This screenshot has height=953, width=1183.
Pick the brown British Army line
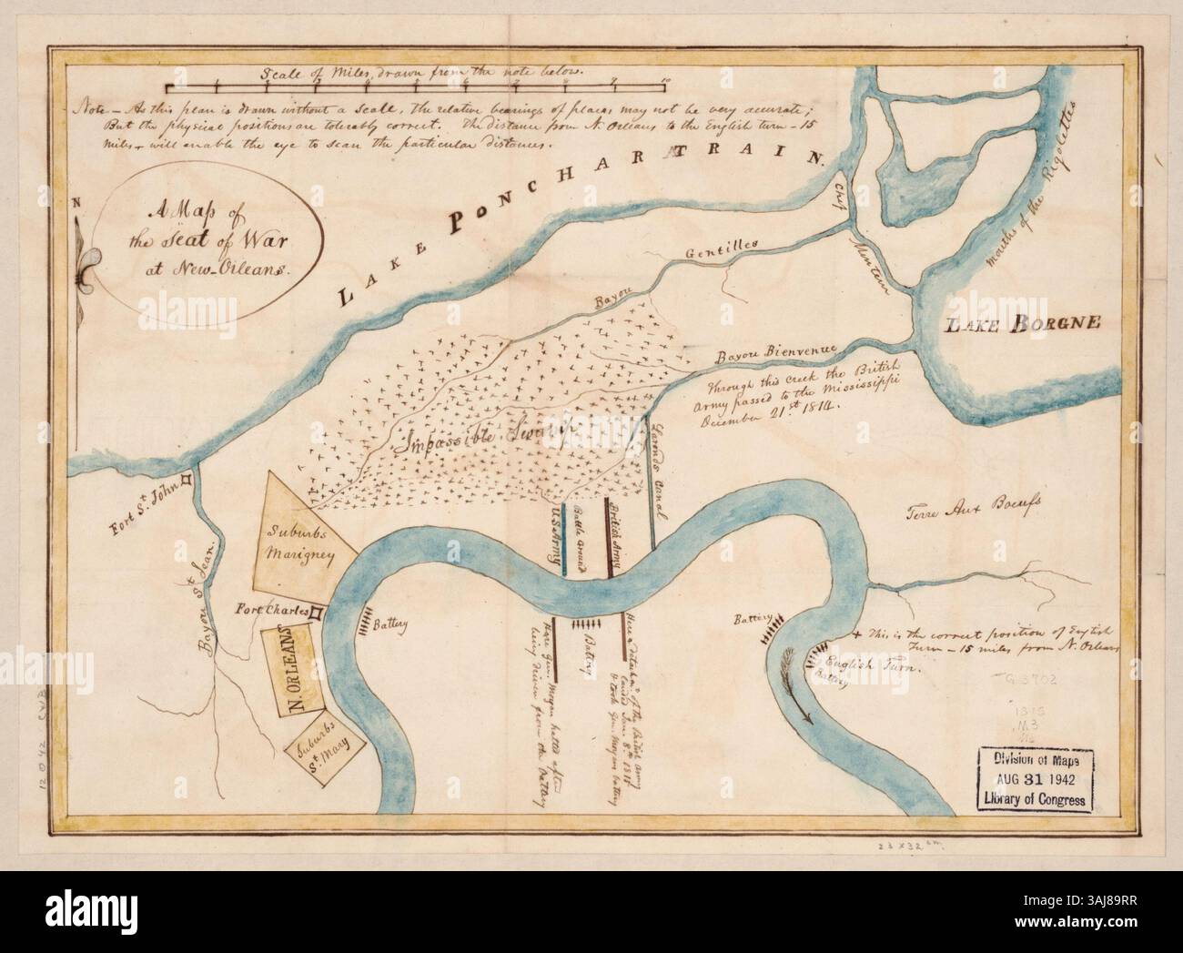click(x=608, y=537)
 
